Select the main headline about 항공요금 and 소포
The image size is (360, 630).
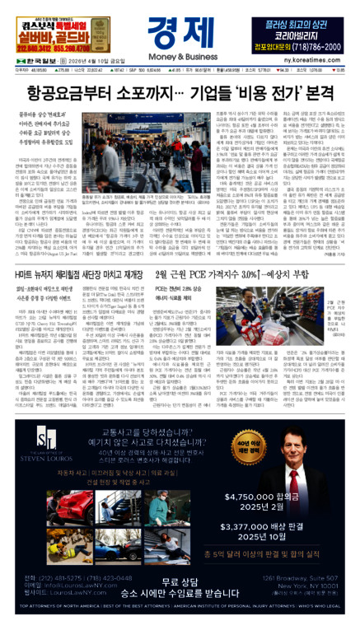pos(180,96)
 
